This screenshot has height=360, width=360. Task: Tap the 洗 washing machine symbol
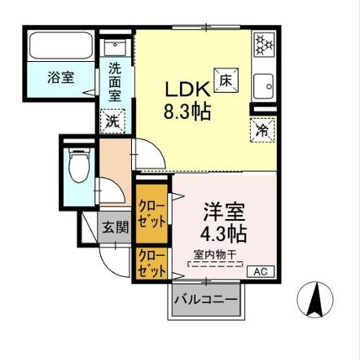point(112,121)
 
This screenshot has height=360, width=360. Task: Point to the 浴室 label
point(60,78)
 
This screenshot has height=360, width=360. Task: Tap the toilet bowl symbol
point(79,167)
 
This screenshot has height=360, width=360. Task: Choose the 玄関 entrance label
point(115,228)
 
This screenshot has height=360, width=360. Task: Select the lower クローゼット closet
point(151,263)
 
